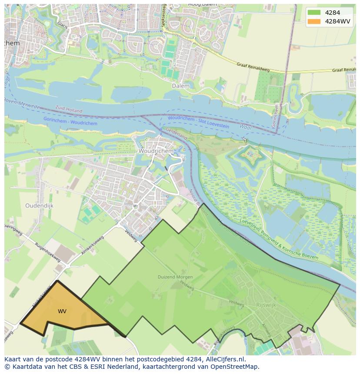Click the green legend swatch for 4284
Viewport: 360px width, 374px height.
[x=313, y=13]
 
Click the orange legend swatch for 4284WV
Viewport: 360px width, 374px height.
[x=313, y=21]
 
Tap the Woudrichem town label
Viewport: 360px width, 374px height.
[x=156, y=151]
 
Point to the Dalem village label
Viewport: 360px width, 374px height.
[x=180, y=86]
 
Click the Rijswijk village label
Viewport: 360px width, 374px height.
[x=266, y=305]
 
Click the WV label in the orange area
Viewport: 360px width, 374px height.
[x=62, y=311]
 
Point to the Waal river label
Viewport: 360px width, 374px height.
[x=246, y=126]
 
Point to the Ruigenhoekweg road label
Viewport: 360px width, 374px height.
[x=48, y=252]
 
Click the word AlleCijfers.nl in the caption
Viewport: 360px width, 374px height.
[x=225, y=359]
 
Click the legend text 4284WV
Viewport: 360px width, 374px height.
[x=338, y=21]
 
